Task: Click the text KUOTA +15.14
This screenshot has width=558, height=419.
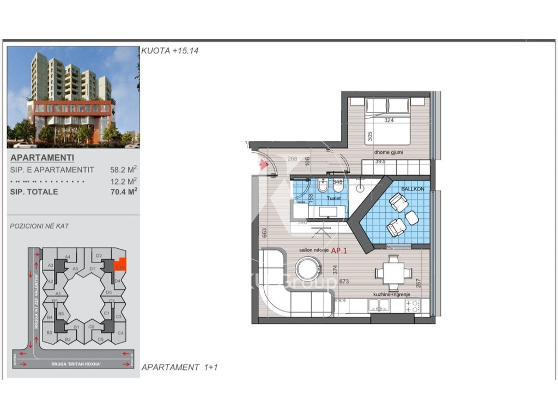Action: point(170,50)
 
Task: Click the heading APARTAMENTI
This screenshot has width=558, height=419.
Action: point(35,158)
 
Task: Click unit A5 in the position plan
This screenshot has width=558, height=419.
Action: point(75,268)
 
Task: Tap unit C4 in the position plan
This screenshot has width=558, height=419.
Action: point(120,332)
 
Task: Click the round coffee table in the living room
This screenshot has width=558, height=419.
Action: point(308,269)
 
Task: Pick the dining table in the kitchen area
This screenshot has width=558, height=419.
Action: point(393,273)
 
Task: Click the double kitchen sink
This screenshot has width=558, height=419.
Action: point(380,306)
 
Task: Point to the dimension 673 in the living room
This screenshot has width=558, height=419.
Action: point(344,282)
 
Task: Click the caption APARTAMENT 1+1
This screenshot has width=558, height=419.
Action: point(179,367)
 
